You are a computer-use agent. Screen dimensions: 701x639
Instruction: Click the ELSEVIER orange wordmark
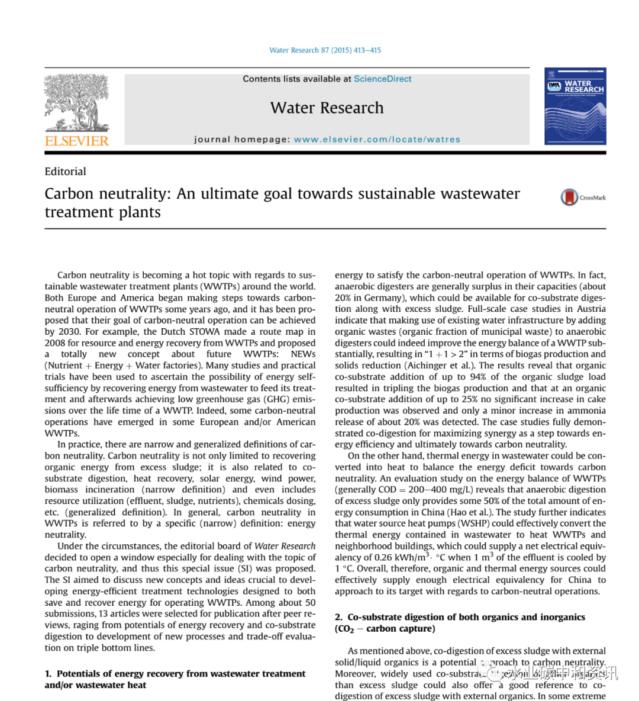(x=77, y=141)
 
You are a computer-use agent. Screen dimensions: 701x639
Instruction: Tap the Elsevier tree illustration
(x=77, y=102)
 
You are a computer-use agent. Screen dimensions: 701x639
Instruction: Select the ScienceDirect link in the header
(x=382, y=79)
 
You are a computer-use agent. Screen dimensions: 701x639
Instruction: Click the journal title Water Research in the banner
(x=327, y=108)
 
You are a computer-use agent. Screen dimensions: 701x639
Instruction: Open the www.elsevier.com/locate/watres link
(x=377, y=140)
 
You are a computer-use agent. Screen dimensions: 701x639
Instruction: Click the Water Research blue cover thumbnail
(x=575, y=106)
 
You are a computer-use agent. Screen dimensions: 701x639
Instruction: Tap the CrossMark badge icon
(x=569, y=197)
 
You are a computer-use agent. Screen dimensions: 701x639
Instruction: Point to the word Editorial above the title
(x=65, y=172)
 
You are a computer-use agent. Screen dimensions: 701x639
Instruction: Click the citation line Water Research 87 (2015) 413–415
(x=325, y=50)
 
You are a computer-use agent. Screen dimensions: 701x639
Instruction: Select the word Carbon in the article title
(x=69, y=194)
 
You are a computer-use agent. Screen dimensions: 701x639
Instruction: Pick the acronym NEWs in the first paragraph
(x=303, y=354)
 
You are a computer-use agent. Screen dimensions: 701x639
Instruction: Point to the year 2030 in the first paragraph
(x=69, y=331)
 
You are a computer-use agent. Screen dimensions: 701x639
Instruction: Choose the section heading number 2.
(x=338, y=617)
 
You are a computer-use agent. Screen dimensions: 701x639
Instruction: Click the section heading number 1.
(x=48, y=674)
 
